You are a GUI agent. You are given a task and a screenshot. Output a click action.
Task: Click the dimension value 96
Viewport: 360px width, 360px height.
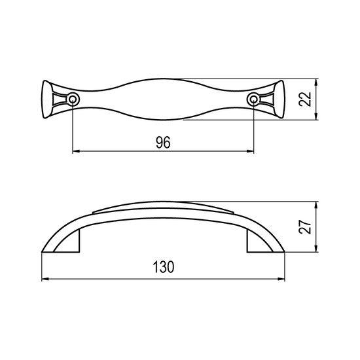click(163, 143)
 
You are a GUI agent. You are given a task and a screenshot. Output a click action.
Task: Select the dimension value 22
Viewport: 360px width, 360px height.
click(305, 99)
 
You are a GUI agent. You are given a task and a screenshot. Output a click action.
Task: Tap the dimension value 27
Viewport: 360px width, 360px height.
click(305, 227)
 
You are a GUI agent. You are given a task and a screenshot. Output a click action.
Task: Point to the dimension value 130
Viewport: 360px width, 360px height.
click(164, 267)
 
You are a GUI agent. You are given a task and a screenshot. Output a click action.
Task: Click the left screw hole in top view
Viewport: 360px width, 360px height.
click(73, 99)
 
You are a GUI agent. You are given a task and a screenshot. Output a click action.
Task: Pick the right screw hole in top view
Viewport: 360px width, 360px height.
click(253, 99)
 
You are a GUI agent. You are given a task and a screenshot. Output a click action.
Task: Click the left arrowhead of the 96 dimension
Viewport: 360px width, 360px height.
click(76, 151)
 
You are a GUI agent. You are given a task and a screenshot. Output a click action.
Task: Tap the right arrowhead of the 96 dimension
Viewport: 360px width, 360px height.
click(250, 151)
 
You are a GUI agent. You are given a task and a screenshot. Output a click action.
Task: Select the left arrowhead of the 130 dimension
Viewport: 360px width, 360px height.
click(45, 279)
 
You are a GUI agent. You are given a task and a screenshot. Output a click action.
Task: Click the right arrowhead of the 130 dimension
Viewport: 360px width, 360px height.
click(281, 279)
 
